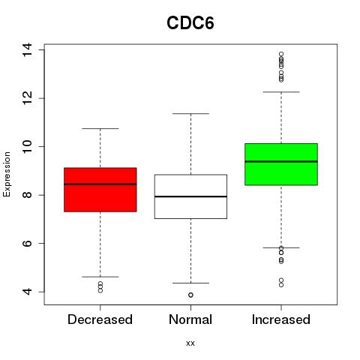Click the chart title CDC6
190,23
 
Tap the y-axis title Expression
7,174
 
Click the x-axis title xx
190,343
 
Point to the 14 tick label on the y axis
27,49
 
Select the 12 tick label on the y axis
27,98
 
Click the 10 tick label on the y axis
27,146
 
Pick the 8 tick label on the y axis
27,195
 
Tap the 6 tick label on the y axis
27,243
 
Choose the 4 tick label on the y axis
27,292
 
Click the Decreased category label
100,319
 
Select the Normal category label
190,319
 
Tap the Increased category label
281,319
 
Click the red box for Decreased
100,190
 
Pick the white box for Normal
190,196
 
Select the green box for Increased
281,164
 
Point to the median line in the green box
281,161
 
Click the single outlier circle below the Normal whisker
190,295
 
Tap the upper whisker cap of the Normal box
190,113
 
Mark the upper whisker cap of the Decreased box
100,128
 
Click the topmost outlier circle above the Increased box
281,54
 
